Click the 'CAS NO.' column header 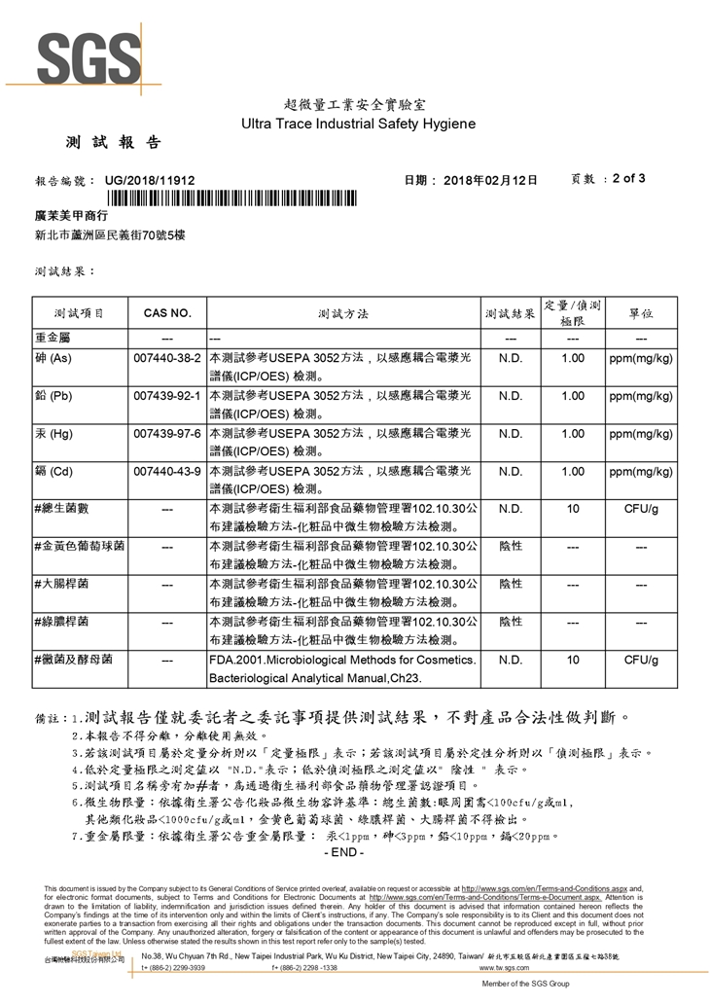click(x=167, y=314)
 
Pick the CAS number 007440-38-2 click(x=167, y=359)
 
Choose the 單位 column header click(x=640, y=314)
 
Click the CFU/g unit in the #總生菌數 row click(x=640, y=509)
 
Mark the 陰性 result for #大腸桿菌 click(x=511, y=583)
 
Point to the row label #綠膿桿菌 click(x=61, y=621)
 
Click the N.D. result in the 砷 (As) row click(x=511, y=359)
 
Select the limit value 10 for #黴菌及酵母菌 click(x=573, y=660)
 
